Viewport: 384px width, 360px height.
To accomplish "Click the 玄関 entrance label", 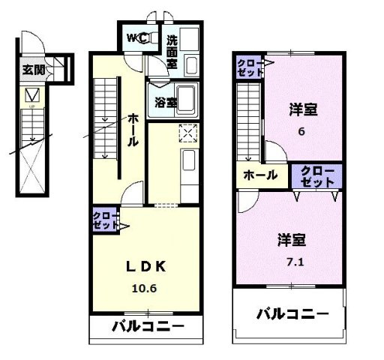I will coord(32,70).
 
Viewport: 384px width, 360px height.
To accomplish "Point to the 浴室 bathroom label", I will coord(166,103).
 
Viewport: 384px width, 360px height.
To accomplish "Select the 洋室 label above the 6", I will coord(303,110).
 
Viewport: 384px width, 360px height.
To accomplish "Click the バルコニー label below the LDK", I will coord(148,327).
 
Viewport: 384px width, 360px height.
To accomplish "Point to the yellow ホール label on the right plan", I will coord(259,175).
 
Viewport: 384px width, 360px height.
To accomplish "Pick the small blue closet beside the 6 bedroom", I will coord(249,67).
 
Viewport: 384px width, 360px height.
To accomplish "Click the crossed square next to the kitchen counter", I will coord(187,134).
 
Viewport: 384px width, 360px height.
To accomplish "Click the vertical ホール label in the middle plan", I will coord(132,129).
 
